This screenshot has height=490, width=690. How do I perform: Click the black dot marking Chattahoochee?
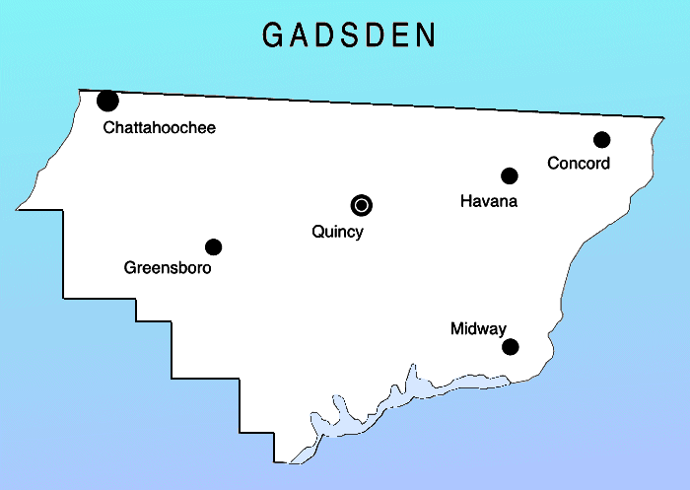pos(108,100)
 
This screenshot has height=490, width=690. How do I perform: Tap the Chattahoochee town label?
pos(159,128)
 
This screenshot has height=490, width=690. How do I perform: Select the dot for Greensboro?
pos(213,246)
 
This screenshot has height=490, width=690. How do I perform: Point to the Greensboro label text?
pos(168,268)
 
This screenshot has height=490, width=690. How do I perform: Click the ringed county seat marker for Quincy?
pos(362,205)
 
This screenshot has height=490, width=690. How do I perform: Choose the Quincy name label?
pos(337,233)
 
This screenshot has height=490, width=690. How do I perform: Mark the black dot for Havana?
pos(510,175)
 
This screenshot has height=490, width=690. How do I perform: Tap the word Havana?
pos(489,202)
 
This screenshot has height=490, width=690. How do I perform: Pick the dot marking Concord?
pos(601,139)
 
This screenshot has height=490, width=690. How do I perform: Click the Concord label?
pos(579,164)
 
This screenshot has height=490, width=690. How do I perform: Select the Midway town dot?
pos(511,346)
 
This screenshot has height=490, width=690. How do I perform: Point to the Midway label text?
pos(478,328)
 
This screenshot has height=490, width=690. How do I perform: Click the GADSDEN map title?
pos(349,35)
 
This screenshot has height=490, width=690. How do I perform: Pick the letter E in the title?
pos(399,35)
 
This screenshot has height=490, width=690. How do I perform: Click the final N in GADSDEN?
pos(425,35)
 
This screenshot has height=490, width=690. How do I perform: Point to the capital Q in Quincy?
pos(315,233)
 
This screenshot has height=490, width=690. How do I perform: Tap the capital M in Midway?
pos(455,328)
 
